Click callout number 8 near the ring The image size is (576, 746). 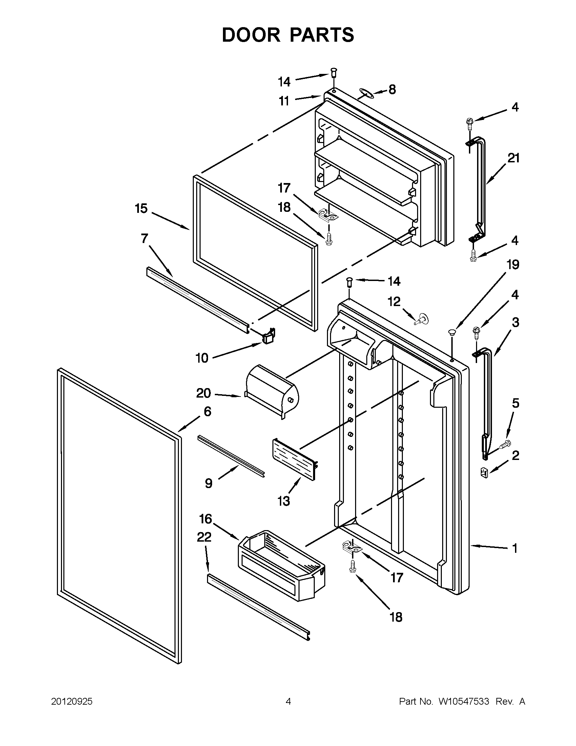point(392,89)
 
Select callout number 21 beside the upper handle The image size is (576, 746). point(514,158)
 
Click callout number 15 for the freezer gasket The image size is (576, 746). point(141,208)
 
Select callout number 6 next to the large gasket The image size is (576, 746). point(207,411)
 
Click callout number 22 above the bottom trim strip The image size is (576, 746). point(204,537)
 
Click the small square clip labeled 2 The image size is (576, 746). point(484,472)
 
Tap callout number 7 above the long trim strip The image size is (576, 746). point(144,238)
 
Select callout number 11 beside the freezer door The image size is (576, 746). point(284,101)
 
